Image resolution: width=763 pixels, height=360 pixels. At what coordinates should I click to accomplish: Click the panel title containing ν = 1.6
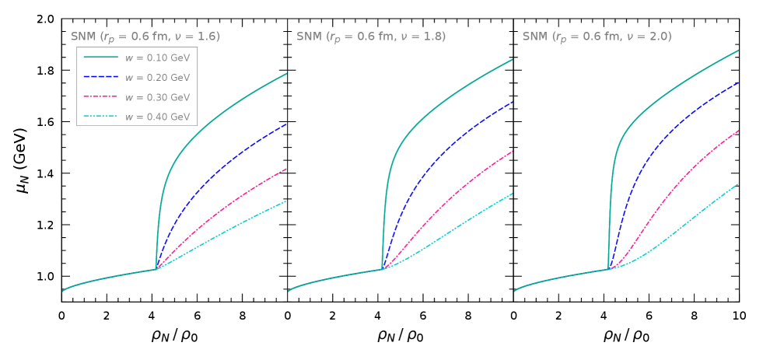click(145, 37)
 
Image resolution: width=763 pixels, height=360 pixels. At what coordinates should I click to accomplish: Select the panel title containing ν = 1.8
click(371, 37)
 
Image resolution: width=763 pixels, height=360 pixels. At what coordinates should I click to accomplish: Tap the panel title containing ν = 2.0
click(597, 37)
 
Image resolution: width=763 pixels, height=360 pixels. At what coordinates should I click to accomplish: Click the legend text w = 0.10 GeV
click(157, 58)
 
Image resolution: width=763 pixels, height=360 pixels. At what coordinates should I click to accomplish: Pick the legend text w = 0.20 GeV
click(157, 78)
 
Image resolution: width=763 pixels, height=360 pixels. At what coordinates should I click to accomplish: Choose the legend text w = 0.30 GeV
click(157, 97)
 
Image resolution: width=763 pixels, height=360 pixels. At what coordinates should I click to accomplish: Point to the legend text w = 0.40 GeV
click(157, 117)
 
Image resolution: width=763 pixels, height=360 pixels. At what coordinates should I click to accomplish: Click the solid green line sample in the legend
click(101, 58)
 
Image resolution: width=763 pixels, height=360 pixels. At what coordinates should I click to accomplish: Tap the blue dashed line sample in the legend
click(101, 77)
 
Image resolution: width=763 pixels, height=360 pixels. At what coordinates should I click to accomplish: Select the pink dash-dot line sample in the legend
click(101, 97)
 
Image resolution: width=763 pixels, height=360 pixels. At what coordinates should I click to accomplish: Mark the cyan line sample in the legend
click(101, 117)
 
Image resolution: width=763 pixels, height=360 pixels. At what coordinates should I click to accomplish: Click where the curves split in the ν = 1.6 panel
click(156, 269)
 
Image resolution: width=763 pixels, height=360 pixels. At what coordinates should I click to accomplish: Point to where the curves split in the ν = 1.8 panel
click(382, 269)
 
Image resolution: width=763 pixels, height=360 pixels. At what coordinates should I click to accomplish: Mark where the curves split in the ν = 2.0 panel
click(607, 269)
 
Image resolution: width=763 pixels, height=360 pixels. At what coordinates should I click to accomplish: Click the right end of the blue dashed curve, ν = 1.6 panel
click(286, 124)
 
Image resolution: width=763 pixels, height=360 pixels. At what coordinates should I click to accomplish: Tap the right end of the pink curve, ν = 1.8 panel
click(512, 151)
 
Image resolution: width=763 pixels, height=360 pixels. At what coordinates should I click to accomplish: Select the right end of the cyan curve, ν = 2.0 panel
click(737, 183)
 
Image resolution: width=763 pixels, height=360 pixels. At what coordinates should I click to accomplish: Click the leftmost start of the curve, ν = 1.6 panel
click(63, 291)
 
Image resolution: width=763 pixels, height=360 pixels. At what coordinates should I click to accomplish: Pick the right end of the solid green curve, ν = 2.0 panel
click(737, 51)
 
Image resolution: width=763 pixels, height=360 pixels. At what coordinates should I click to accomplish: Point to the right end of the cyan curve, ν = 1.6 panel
click(286, 201)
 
